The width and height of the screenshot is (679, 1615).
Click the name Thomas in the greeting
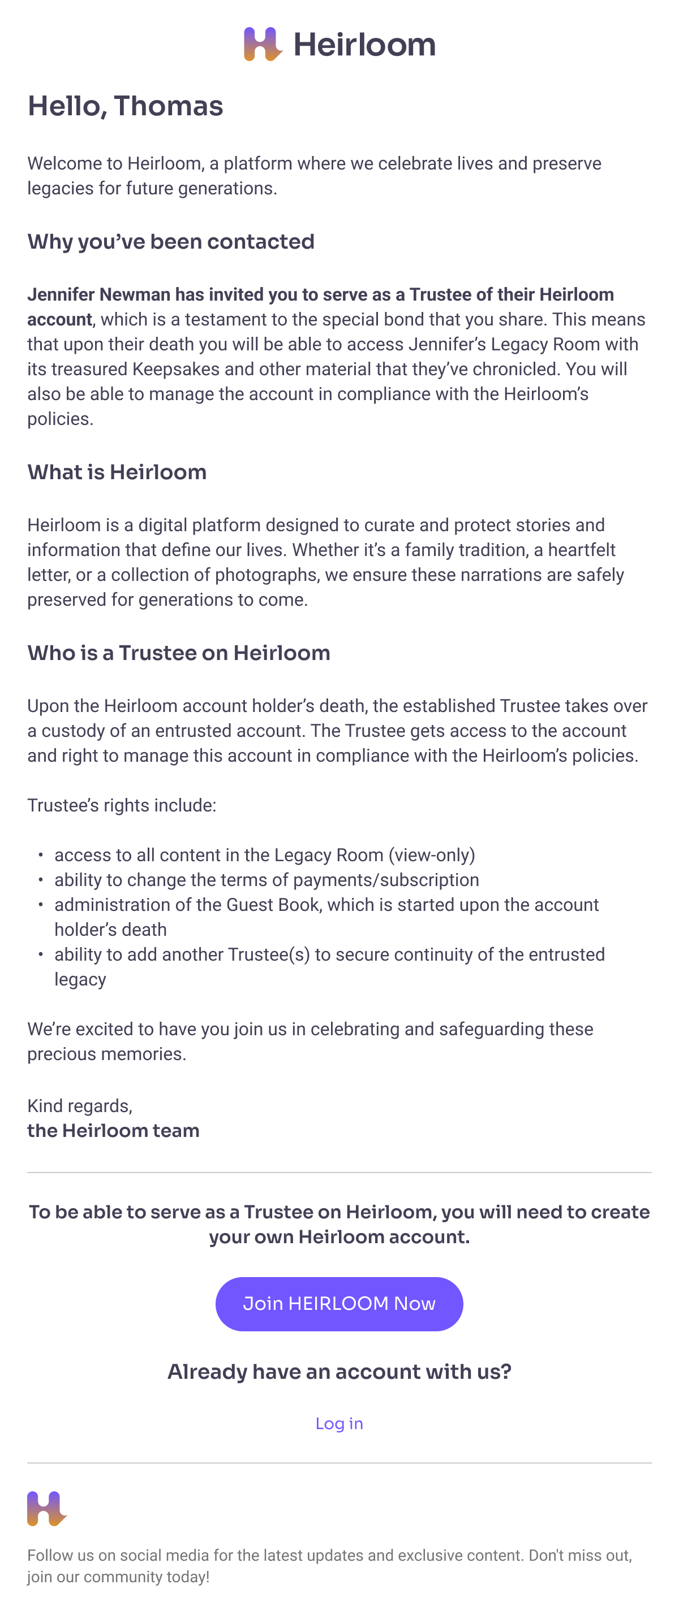tap(169, 106)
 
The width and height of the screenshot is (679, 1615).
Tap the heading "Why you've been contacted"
tap(171, 241)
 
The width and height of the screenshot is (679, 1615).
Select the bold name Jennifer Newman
tap(98, 294)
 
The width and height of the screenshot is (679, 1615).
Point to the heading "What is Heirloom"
tap(117, 472)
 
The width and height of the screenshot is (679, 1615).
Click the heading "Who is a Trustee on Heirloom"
tap(179, 653)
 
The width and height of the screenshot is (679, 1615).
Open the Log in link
tap(339, 1423)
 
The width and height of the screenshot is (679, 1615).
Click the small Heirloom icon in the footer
tap(46, 1508)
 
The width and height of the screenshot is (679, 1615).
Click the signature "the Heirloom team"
tap(113, 1130)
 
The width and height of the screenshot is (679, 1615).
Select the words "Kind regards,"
tap(80, 1106)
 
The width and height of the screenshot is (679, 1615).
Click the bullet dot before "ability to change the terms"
tap(41, 880)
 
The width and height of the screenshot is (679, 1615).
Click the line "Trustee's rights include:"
tap(122, 805)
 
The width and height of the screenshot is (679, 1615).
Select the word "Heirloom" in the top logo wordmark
tap(364, 45)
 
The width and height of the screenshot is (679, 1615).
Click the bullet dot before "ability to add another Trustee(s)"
tap(41, 954)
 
